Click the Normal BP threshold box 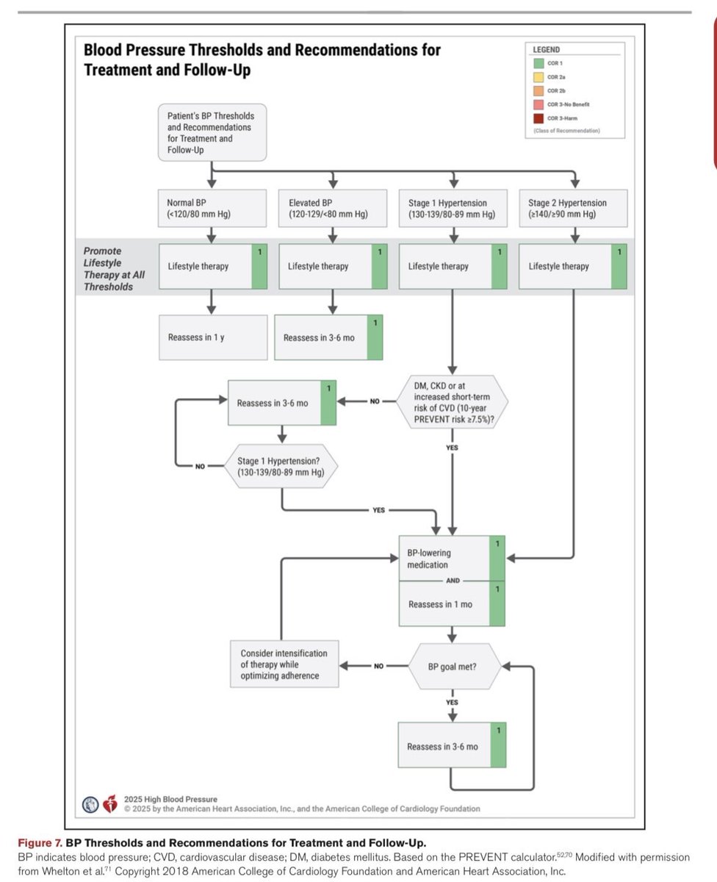(x=212, y=208)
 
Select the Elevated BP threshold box (x=333, y=208)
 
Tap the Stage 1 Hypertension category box (x=453, y=208)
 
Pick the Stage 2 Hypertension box (x=574, y=208)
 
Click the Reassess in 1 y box (x=213, y=337)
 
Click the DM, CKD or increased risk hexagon (x=453, y=402)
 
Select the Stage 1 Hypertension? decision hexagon (x=281, y=466)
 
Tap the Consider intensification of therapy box (x=284, y=664)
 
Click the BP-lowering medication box (x=452, y=558)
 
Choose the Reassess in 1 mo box (x=452, y=603)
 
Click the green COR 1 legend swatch (x=538, y=63)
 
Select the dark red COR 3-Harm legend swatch (x=538, y=118)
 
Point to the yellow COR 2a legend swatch (x=538, y=77)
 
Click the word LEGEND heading (x=546, y=50)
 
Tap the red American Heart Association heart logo (x=110, y=804)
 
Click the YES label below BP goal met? (x=453, y=702)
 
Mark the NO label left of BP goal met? (x=378, y=666)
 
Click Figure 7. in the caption (x=40, y=843)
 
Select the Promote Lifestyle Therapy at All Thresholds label (x=114, y=269)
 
